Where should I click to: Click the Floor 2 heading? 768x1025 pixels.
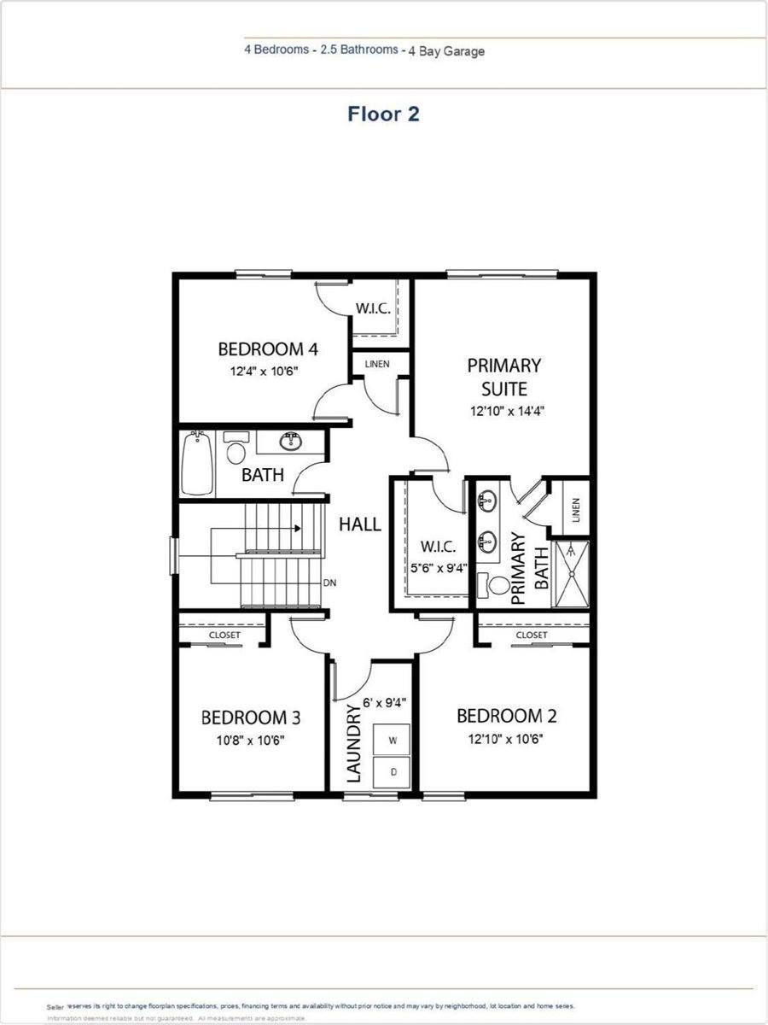pyautogui.click(x=383, y=114)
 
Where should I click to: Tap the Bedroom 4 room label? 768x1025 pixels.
pyautogui.click(x=268, y=349)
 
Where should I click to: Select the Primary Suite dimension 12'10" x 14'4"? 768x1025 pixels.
pyautogui.click(x=507, y=411)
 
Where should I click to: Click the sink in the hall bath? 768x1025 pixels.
pyautogui.click(x=292, y=441)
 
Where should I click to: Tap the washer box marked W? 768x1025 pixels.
pyautogui.click(x=393, y=740)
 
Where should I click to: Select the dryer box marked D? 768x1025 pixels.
pyautogui.click(x=393, y=771)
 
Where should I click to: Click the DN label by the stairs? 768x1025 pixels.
pyautogui.click(x=329, y=584)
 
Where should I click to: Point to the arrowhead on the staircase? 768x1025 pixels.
pyautogui.click(x=297, y=528)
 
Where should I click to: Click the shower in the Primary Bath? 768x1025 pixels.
pyautogui.click(x=571, y=574)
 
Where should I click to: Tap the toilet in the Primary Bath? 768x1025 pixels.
pyautogui.click(x=495, y=587)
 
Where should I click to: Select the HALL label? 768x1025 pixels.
pyautogui.click(x=360, y=524)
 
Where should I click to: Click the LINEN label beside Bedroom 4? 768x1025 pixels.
pyautogui.click(x=376, y=364)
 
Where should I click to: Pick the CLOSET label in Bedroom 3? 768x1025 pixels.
pyautogui.click(x=225, y=635)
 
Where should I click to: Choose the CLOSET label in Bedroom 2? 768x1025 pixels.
pyautogui.click(x=532, y=635)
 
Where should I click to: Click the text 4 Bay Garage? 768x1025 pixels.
pyautogui.click(x=447, y=51)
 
